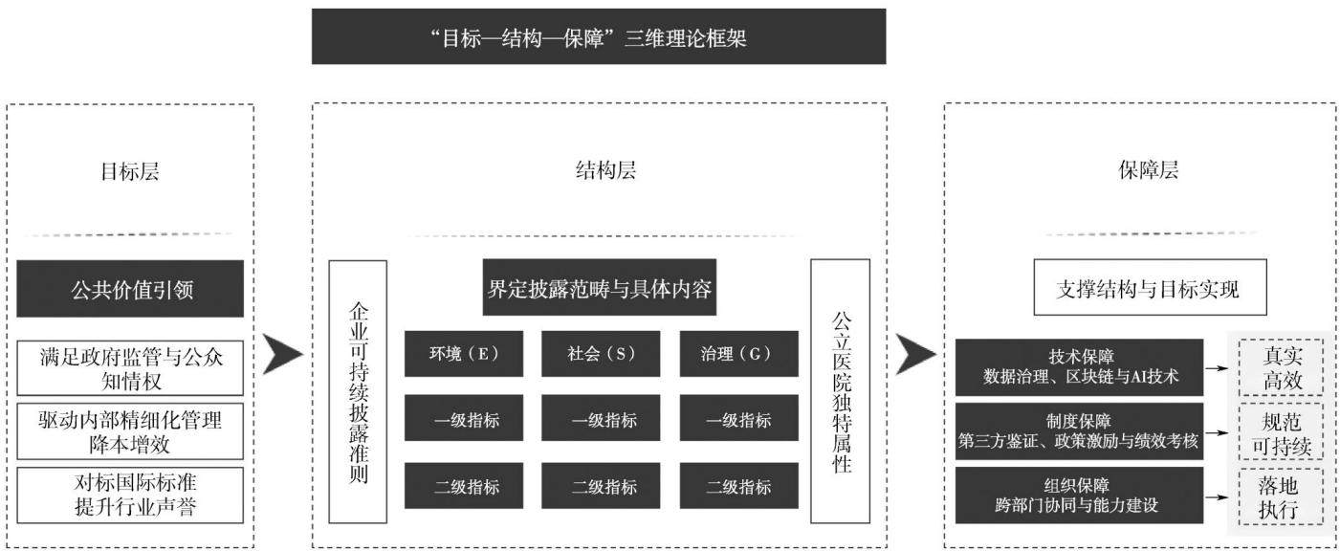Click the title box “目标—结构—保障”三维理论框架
(x=599, y=36)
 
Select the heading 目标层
(x=130, y=172)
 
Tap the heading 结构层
(x=605, y=171)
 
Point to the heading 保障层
(x=1148, y=170)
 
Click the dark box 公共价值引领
(x=130, y=288)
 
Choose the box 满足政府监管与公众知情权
(x=130, y=368)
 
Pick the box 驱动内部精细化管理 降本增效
(x=130, y=431)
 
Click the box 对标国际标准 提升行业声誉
(x=130, y=496)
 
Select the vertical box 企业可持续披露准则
(x=358, y=392)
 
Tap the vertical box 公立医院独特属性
(x=841, y=391)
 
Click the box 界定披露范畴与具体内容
(x=600, y=287)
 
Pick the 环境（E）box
(x=464, y=354)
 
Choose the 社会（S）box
(x=602, y=354)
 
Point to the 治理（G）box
(x=738, y=354)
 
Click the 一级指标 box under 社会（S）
(x=602, y=418)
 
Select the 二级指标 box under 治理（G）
(x=738, y=486)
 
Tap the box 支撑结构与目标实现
(x=1151, y=287)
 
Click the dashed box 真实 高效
(x=1281, y=367)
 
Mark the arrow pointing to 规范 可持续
(x=1217, y=432)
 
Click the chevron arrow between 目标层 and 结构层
(x=282, y=354)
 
